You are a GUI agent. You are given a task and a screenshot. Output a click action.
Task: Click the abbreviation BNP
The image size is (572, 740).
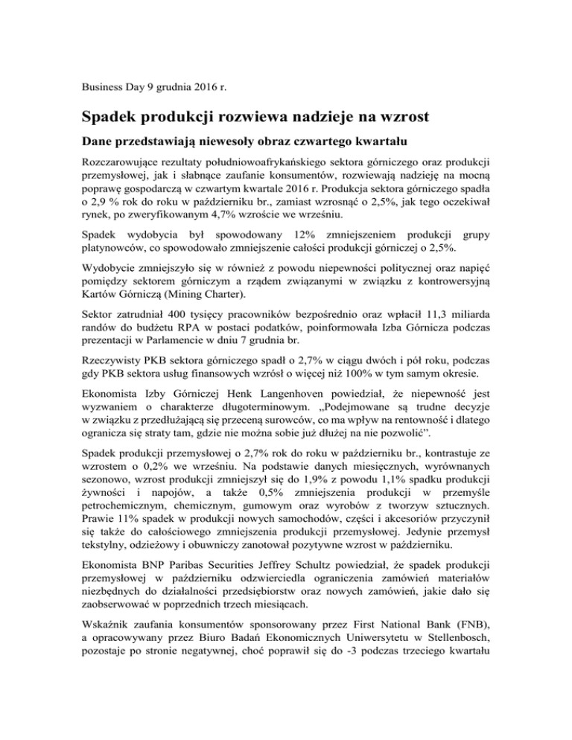(165, 590)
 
